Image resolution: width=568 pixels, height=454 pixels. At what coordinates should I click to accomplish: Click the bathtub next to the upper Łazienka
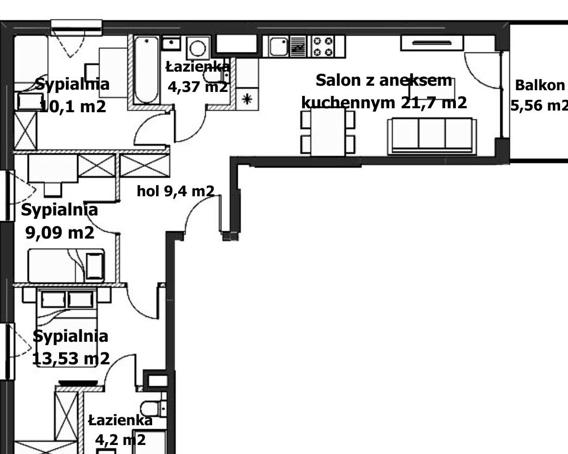145,70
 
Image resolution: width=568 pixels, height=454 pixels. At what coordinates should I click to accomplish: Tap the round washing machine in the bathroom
198,48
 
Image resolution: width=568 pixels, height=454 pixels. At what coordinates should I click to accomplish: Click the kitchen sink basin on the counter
278,46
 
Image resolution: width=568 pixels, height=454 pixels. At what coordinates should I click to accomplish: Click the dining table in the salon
328,132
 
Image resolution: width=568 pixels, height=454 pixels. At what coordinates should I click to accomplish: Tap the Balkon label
539,86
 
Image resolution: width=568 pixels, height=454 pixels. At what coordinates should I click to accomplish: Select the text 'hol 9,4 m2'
175,191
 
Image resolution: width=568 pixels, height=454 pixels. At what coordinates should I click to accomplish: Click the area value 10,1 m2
73,107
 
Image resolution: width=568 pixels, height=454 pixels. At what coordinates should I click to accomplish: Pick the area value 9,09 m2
60,232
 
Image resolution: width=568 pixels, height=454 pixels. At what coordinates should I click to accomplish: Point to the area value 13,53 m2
71,359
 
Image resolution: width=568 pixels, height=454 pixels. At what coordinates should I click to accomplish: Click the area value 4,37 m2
198,87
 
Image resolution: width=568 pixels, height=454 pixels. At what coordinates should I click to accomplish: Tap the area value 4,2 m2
120,440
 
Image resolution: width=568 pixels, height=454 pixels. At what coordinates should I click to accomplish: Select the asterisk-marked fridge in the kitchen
247,99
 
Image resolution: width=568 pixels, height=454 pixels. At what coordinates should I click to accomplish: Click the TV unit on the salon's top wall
432,43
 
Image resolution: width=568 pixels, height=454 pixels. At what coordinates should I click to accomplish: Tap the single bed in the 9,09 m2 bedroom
66,266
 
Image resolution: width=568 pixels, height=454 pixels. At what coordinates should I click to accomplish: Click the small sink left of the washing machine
171,43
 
